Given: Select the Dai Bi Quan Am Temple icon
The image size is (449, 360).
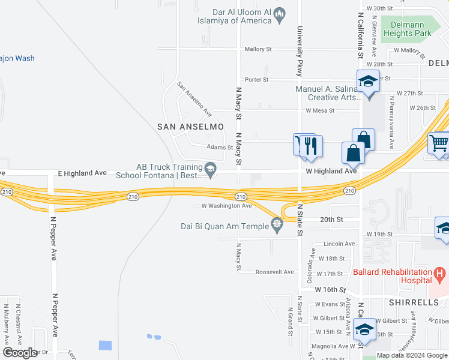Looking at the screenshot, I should coord(277,226).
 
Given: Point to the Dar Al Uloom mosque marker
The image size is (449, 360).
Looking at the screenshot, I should coord(280,16).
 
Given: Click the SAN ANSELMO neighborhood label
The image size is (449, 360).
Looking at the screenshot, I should coord(190,127).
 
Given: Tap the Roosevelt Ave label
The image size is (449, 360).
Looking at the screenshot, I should coord(274,272).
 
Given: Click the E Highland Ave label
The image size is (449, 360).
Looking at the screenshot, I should coord(82,173).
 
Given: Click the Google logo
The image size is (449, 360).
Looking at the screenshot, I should coord(20,353).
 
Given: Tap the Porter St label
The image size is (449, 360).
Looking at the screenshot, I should coord(256,80).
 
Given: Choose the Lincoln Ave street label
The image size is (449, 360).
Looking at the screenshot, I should coord(339,244).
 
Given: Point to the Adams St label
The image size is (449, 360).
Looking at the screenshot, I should coord(219,147).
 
